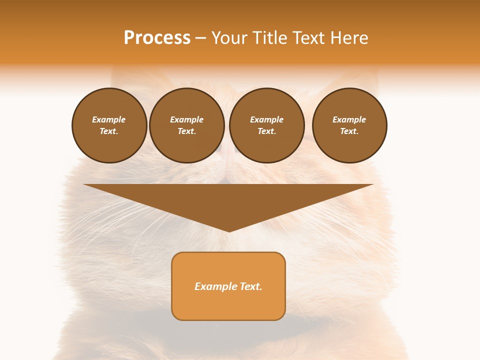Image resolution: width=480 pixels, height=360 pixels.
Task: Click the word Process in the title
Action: pyautogui.click(x=157, y=38)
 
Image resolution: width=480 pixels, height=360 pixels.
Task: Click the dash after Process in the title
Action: pyautogui.click(x=200, y=38)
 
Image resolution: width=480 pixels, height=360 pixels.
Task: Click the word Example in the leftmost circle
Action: pyautogui.click(x=109, y=119)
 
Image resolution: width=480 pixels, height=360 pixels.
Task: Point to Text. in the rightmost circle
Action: pyautogui.click(x=349, y=131)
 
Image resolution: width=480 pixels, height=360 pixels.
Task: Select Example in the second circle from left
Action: pyautogui.click(x=186, y=119)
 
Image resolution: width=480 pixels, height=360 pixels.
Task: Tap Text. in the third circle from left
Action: pyautogui.click(x=266, y=131)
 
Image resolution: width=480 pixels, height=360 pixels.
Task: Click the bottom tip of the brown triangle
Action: pyautogui.click(x=229, y=230)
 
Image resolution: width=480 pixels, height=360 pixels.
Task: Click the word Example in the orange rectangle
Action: pyautogui.click(x=215, y=286)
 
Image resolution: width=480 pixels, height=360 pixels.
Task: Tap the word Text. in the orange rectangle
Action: pyautogui.click(x=250, y=286)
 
